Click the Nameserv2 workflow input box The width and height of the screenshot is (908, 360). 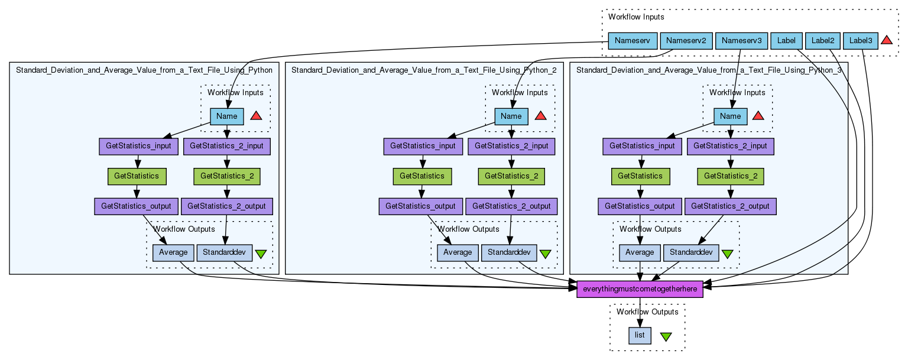[x=686, y=41]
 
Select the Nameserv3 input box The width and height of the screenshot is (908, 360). [x=741, y=41]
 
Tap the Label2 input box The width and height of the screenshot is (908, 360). [x=822, y=41]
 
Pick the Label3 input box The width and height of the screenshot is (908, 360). [x=860, y=41]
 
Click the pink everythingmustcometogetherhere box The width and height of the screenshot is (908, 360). [x=640, y=289]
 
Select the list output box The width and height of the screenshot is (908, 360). [x=640, y=335]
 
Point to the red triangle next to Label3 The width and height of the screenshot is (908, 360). [x=886, y=40]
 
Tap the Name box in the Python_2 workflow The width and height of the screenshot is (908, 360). [x=511, y=116]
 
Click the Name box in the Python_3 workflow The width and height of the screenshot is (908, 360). [x=730, y=116]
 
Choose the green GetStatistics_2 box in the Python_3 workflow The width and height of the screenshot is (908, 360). [x=730, y=176]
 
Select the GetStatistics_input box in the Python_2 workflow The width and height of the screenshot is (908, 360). [x=422, y=145]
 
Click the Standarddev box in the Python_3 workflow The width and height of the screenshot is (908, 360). [x=690, y=252]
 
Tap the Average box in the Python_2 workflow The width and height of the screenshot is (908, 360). [x=458, y=252]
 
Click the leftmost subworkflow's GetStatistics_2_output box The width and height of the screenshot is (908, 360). [x=227, y=206]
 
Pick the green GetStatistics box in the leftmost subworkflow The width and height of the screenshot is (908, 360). [x=137, y=176]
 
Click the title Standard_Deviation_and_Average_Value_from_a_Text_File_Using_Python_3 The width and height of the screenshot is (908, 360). [x=709, y=70]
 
